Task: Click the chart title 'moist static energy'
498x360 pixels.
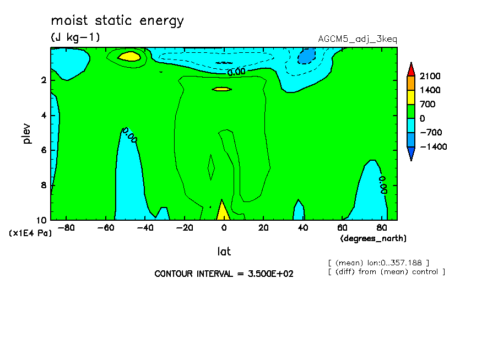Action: pyautogui.click(x=117, y=20)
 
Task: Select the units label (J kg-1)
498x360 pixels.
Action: pyautogui.click(x=75, y=37)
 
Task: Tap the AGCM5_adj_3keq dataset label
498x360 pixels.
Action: pyautogui.click(x=358, y=39)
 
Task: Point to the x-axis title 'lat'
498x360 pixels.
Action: pyautogui.click(x=224, y=252)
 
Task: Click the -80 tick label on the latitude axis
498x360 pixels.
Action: pyautogui.click(x=66, y=228)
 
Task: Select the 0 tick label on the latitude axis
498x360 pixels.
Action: pyautogui.click(x=224, y=228)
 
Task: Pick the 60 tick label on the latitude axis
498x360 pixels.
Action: pyautogui.click(x=343, y=228)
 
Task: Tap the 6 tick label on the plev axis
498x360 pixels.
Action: pyautogui.click(x=44, y=150)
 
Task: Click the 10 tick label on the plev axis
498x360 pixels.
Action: pyautogui.click(x=42, y=220)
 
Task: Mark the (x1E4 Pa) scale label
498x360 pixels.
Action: pyautogui.click(x=30, y=233)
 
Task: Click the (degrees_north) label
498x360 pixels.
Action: pyautogui.click(x=373, y=238)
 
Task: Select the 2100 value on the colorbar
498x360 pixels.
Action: pyautogui.click(x=430, y=76)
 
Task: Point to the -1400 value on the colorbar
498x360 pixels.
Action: pyautogui.click(x=434, y=146)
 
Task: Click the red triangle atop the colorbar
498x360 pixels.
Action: pyautogui.click(x=411, y=69)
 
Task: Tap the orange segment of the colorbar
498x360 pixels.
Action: pyautogui.click(x=411, y=83)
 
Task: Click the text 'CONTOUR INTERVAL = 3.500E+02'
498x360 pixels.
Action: pyautogui.click(x=224, y=274)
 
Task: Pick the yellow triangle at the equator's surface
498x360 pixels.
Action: pyautogui.click(x=223, y=212)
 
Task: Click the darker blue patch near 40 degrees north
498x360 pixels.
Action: pyautogui.click(x=306, y=56)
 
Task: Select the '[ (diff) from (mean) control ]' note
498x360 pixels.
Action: pyautogui.click(x=387, y=272)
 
